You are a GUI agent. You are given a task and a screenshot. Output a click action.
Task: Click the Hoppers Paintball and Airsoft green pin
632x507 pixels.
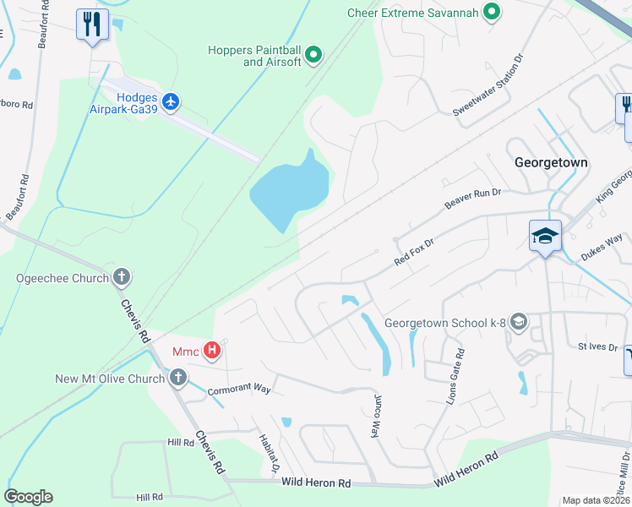[x=313, y=57]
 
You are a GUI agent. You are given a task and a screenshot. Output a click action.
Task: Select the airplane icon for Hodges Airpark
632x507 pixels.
[x=172, y=102]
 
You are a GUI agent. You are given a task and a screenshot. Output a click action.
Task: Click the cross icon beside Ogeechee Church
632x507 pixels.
[x=122, y=277]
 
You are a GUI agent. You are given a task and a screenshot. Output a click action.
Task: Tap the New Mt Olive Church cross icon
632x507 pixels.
[x=177, y=378]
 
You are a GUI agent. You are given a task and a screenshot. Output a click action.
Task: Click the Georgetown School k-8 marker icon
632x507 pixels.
[x=518, y=322]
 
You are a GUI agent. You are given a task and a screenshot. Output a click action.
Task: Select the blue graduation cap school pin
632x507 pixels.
[x=545, y=236]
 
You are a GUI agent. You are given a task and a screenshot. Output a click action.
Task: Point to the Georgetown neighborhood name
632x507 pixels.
[x=551, y=162]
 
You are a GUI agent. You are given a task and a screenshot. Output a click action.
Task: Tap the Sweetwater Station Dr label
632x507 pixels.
[x=488, y=84]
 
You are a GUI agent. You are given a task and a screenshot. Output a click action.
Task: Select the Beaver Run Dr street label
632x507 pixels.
[x=473, y=200]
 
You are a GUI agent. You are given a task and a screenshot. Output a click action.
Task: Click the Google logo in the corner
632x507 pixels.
[x=28, y=497]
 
